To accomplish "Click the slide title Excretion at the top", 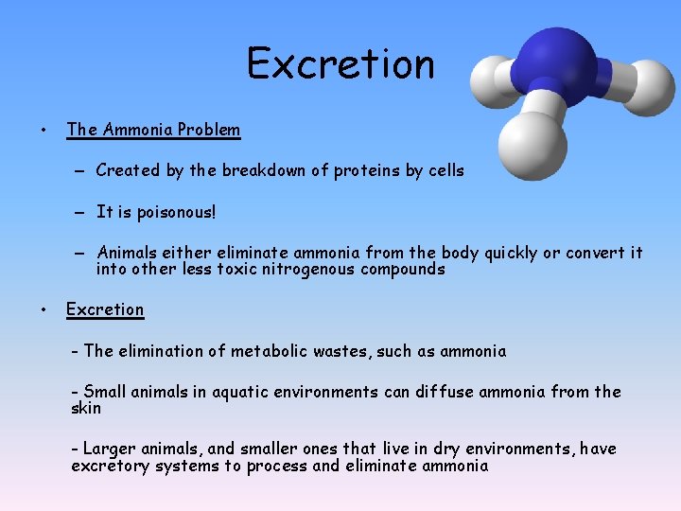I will [340, 64].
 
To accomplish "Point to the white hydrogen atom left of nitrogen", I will [492, 76].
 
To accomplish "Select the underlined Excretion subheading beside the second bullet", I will [105, 309].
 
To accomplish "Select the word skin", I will [86, 408].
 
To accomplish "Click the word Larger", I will [111, 449].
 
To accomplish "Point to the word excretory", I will [111, 466].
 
